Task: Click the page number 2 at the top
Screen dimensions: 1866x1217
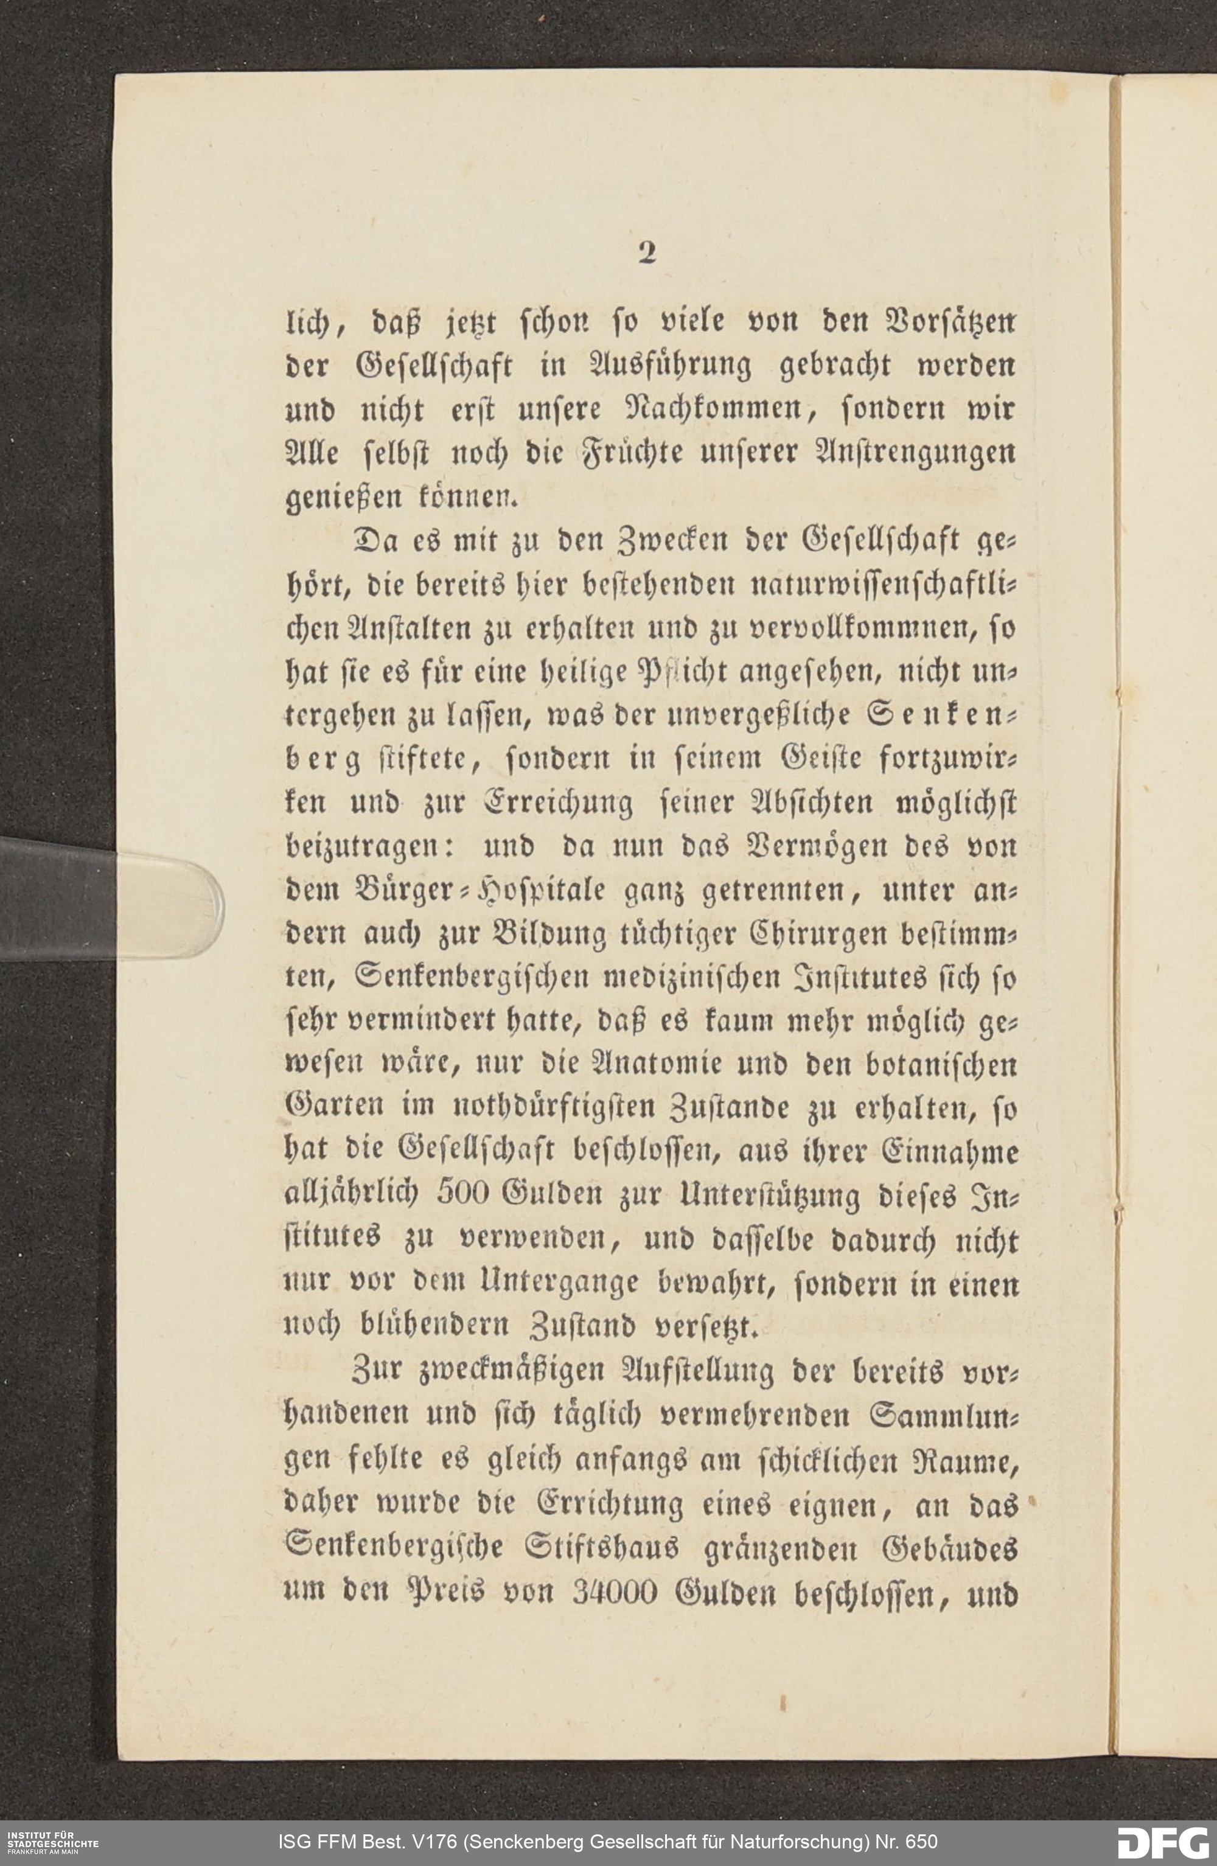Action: click(x=646, y=252)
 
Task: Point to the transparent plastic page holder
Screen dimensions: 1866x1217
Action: click(x=110, y=899)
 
